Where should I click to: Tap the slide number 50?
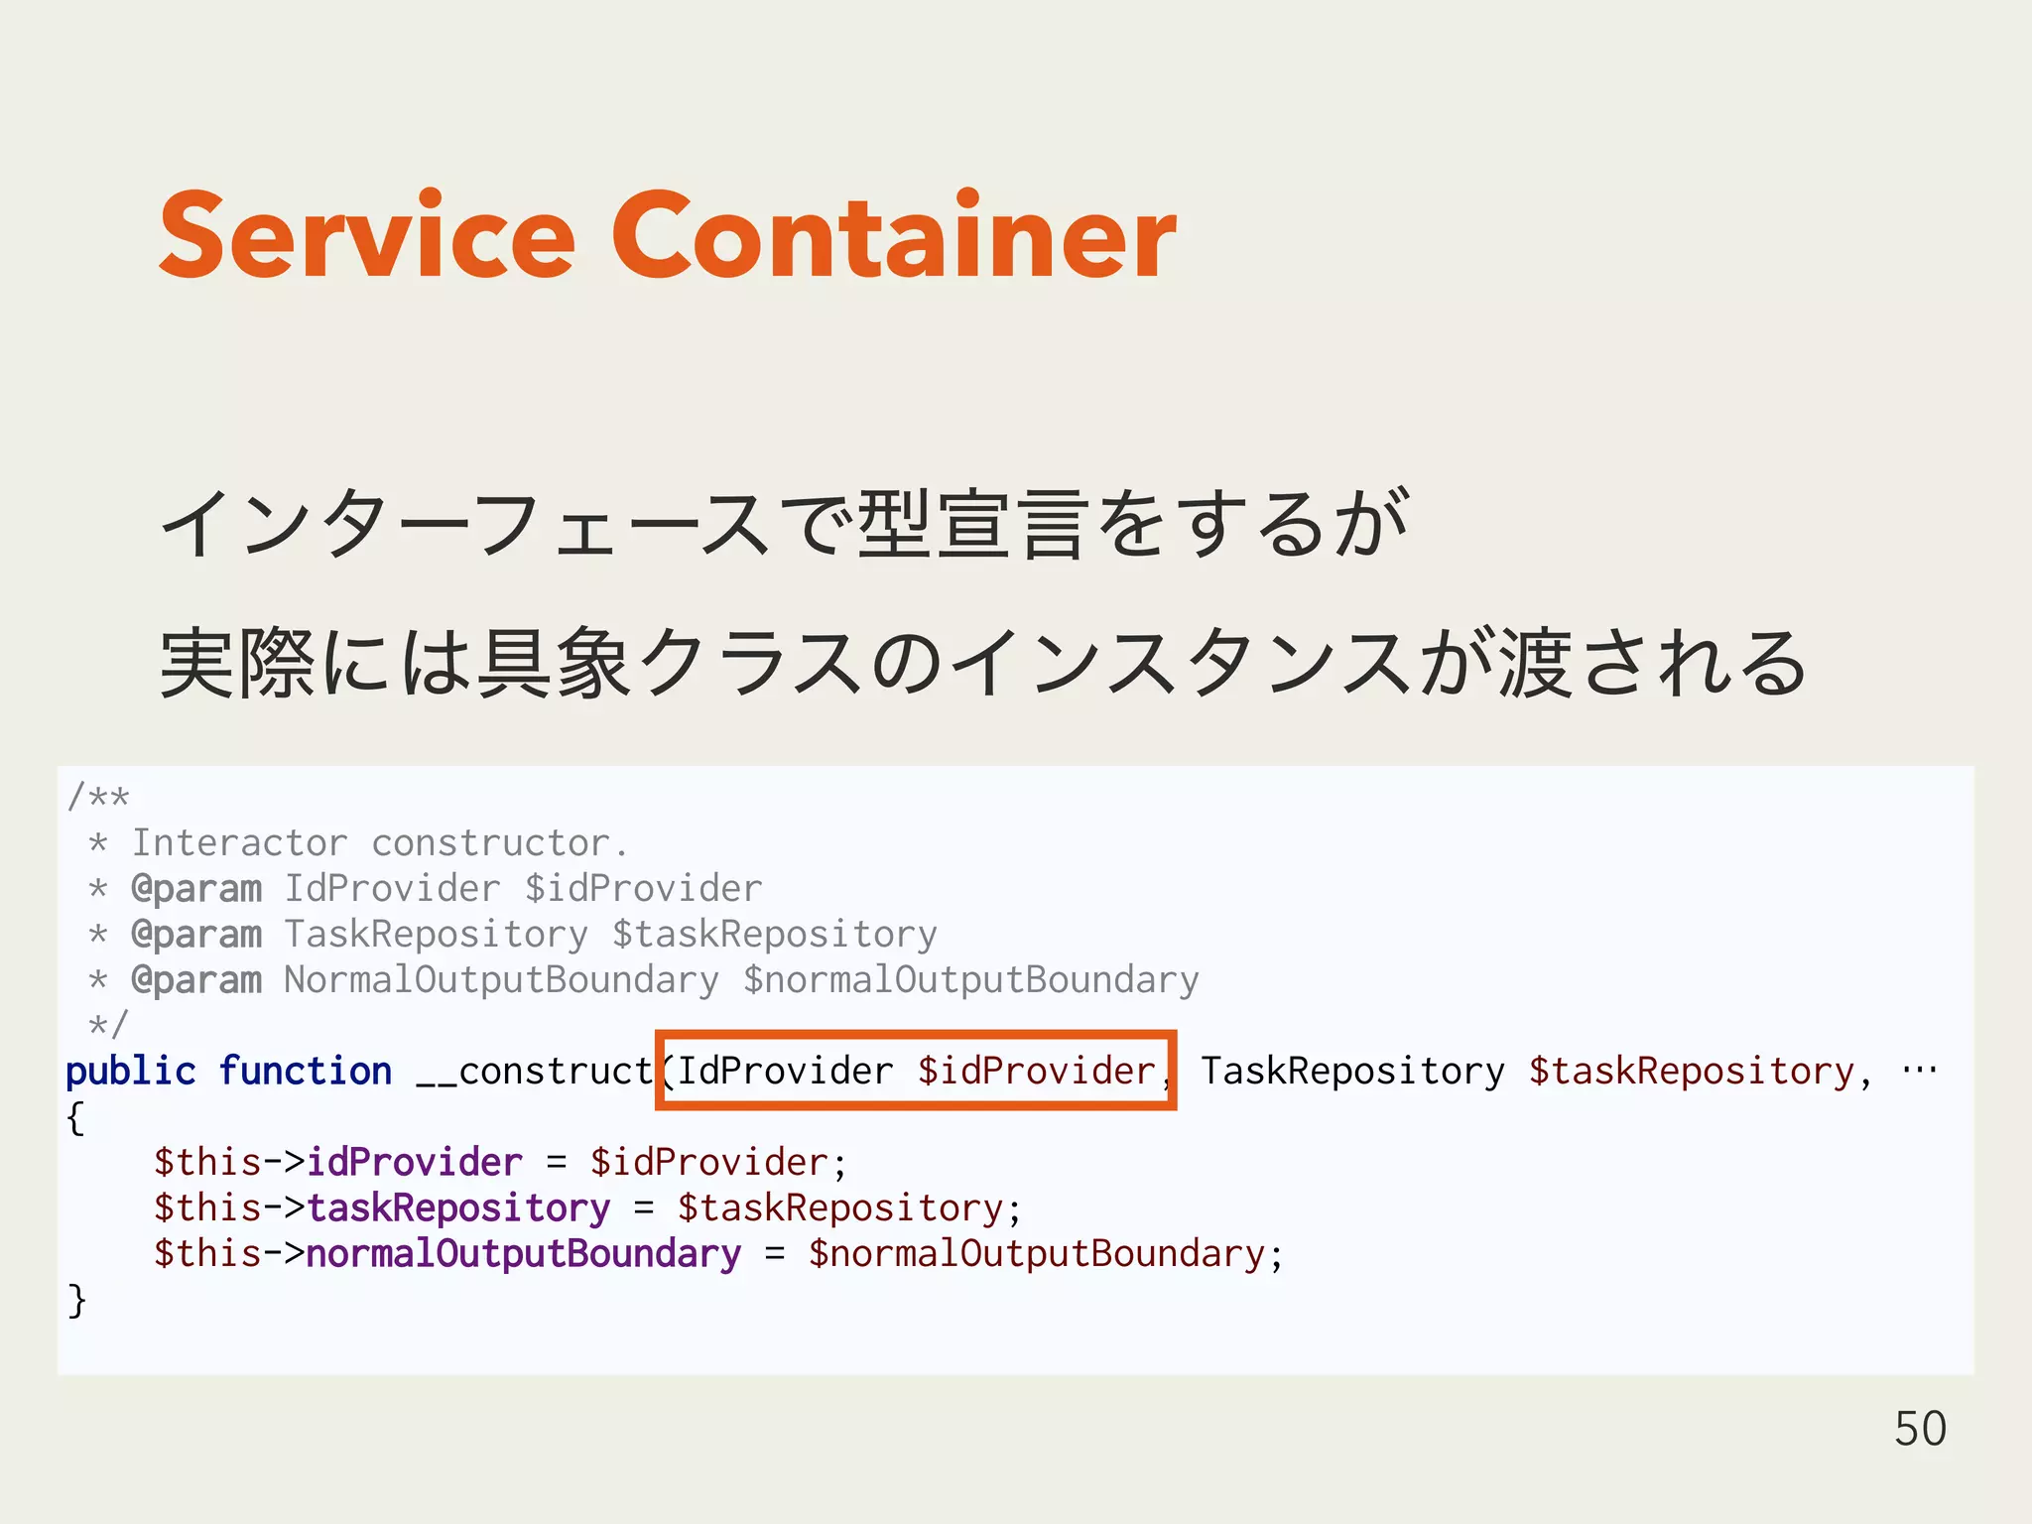pos(1920,1429)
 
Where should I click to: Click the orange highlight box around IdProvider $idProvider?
pos(915,1036)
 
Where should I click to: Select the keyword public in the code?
pos(130,1072)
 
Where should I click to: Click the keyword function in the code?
pos(305,1072)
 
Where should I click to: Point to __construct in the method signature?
pos(534,1072)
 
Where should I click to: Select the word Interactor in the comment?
pos(239,843)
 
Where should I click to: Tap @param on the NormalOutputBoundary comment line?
pos(196,980)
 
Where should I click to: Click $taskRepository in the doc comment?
pos(774,935)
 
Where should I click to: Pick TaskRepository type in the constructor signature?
pos(1352,1072)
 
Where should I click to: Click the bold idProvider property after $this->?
pos(414,1163)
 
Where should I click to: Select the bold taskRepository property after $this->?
pos(457,1208)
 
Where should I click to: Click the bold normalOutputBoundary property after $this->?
pos(523,1254)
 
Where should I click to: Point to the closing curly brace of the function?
pos(76,1300)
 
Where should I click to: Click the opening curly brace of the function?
pos(75,1118)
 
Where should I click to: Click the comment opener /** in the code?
pos(98,797)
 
